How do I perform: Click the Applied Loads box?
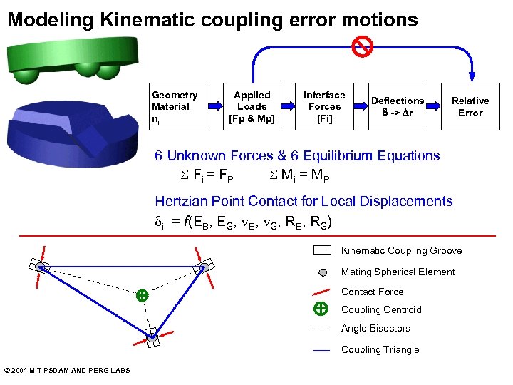(x=252, y=106)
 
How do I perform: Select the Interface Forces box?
(x=324, y=106)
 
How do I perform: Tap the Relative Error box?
(x=470, y=106)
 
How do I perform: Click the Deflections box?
(x=397, y=106)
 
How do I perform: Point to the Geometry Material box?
(x=178, y=106)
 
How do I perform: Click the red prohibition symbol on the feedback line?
(x=363, y=46)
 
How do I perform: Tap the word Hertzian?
(x=181, y=201)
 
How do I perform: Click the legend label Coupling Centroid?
(x=381, y=309)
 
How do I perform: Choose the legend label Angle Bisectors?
(x=375, y=328)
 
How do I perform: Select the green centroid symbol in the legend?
(x=321, y=309)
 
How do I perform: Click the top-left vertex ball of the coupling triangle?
(x=41, y=267)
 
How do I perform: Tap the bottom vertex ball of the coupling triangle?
(x=152, y=335)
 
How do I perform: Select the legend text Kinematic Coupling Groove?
(x=401, y=250)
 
